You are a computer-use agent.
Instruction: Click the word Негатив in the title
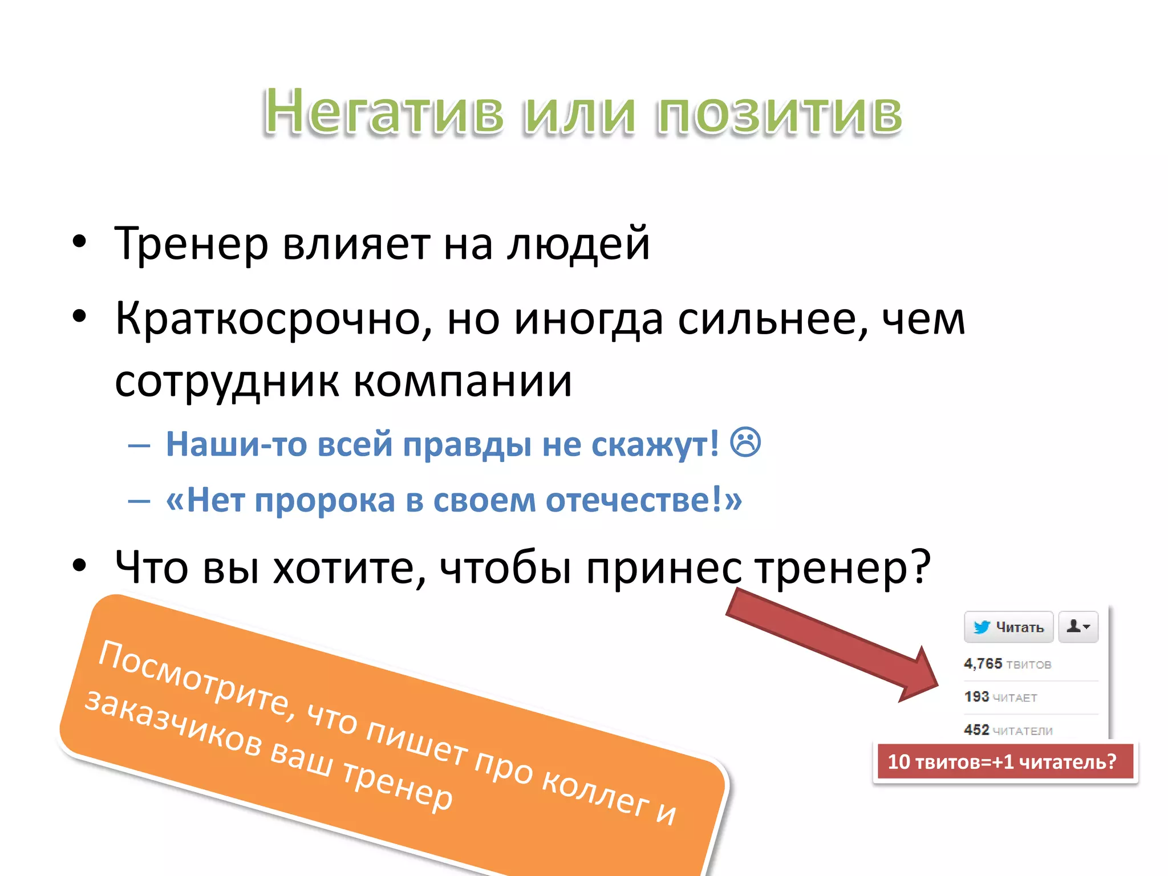click(x=383, y=111)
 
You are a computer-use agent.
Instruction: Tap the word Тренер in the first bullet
click(x=191, y=244)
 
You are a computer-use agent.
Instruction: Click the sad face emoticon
click(x=745, y=443)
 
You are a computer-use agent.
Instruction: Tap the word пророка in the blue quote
click(x=325, y=501)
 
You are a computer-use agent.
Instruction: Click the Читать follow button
click(x=1008, y=627)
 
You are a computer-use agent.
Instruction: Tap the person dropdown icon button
click(x=1078, y=627)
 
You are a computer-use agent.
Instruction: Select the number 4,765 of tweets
click(x=983, y=664)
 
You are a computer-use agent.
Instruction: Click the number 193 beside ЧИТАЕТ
click(x=976, y=697)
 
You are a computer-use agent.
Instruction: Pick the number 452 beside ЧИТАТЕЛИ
click(x=976, y=730)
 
